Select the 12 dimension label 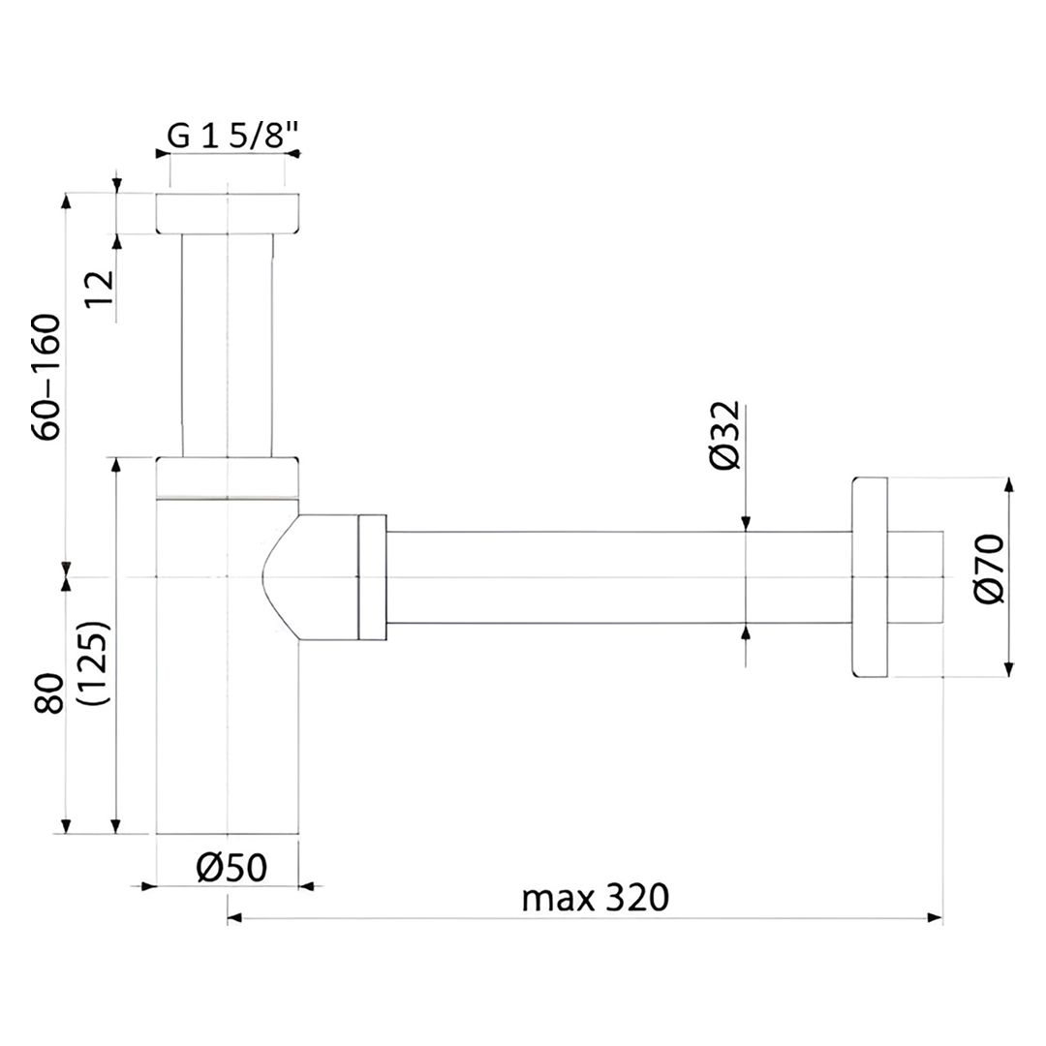pyautogui.click(x=101, y=289)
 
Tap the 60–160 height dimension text pyautogui.click(x=47, y=376)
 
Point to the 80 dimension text pyautogui.click(x=50, y=693)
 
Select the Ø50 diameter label pyautogui.click(x=231, y=868)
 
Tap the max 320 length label pyautogui.click(x=595, y=898)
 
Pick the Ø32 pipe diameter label pyautogui.click(x=725, y=435)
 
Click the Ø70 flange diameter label pyautogui.click(x=989, y=569)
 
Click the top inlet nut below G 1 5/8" pyautogui.click(x=228, y=213)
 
